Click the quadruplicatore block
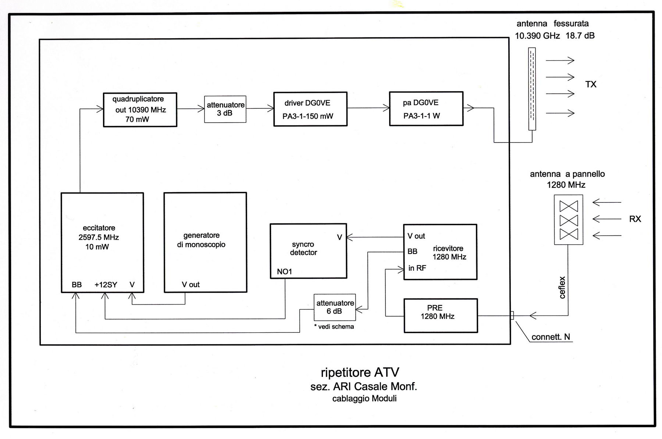(x=140, y=109)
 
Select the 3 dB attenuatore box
(x=225, y=109)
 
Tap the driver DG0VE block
(x=310, y=109)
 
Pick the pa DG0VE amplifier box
(x=426, y=109)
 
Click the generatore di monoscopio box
(x=205, y=242)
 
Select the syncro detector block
(x=308, y=251)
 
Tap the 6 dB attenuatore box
(x=335, y=307)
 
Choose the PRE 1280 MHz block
(x=441, y=316)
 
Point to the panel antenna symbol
(x=568, y=220)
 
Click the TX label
(x=591, y=84)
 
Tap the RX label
(x=635, y=219)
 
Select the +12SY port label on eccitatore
(x=106, y=285)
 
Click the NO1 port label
(x=284, y=271)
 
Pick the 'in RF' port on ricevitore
(x=417, y=268)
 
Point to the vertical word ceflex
(x=562, y=287)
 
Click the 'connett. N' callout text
(x=551, y=337)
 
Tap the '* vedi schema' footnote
(x=334, y=327)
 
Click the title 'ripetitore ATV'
(x=360, y=372)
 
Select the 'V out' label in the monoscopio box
(x=191, y=284)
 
